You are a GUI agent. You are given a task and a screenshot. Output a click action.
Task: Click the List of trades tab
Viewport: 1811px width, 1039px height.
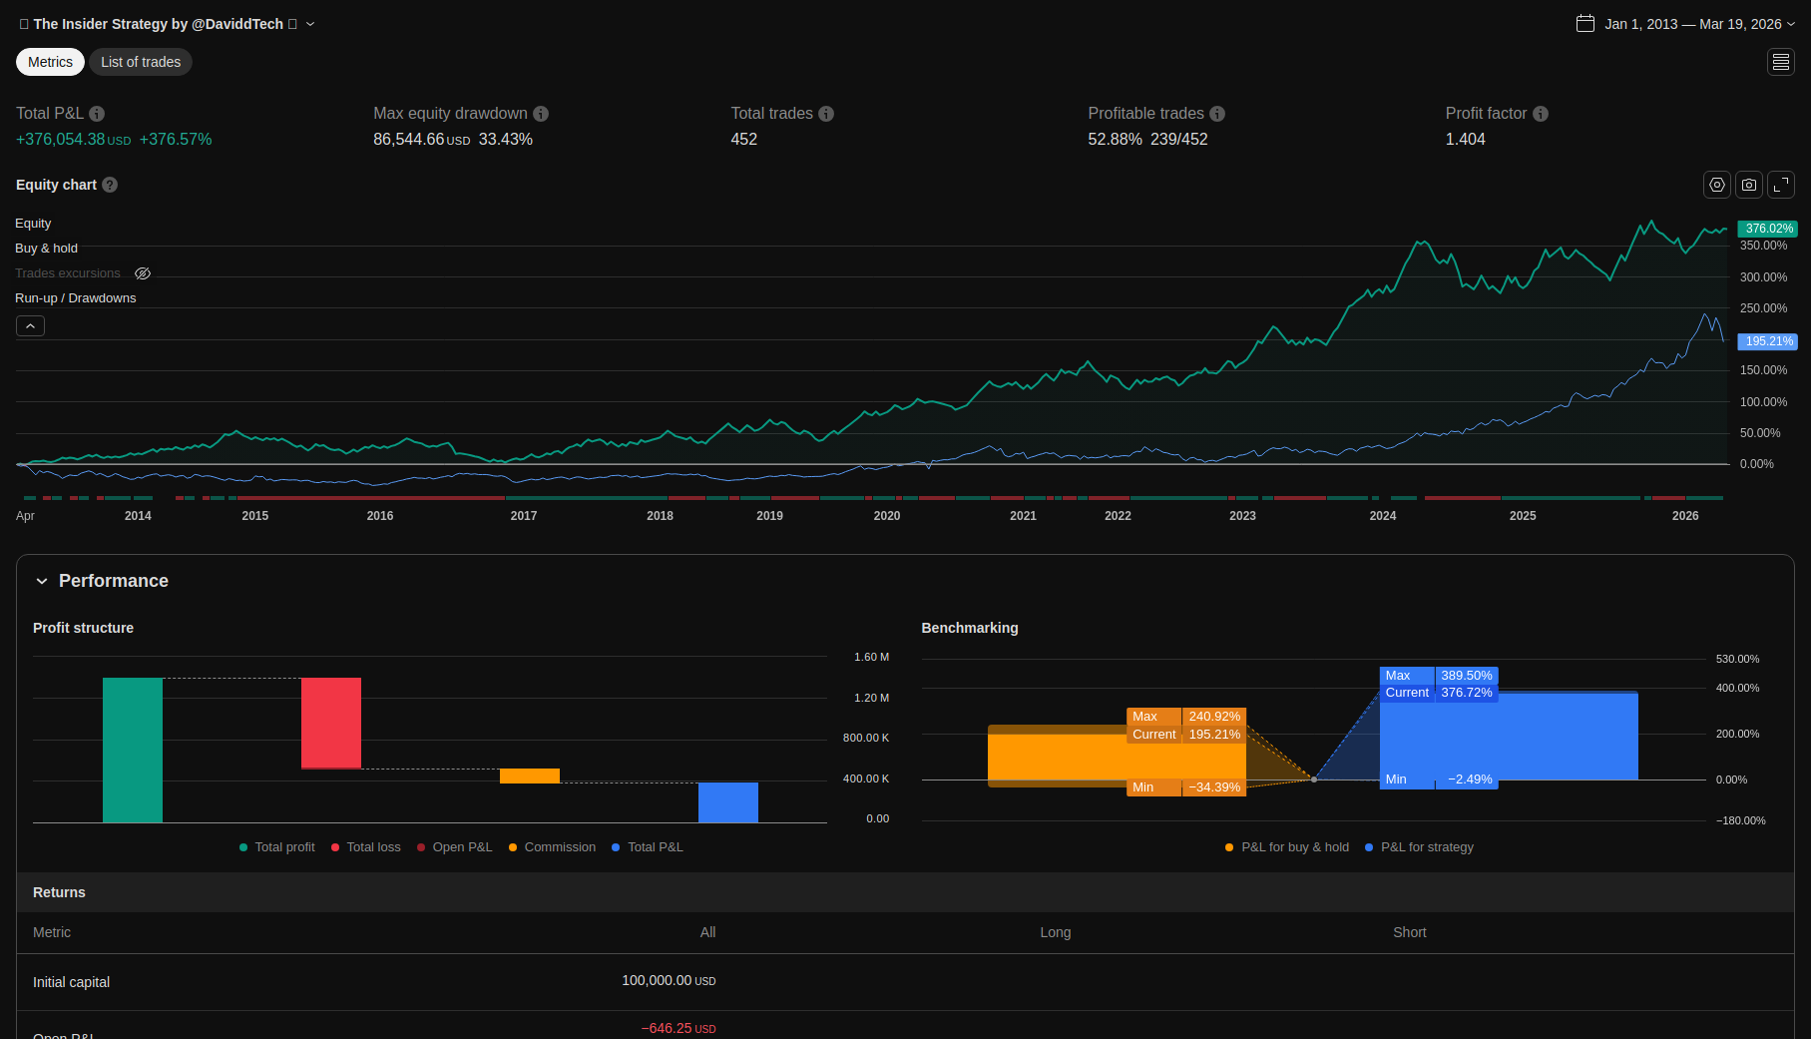point(141,62)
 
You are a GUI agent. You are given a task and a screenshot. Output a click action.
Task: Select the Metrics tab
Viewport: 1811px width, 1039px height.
point(50,62)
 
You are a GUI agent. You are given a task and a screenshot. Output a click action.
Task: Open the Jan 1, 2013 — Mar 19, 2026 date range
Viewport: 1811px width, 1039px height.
point(1685,24)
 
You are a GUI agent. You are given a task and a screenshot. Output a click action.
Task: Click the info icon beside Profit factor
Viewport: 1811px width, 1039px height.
point(1541,114)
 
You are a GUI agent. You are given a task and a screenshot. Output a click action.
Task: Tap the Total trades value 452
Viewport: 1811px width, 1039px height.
point(743,140)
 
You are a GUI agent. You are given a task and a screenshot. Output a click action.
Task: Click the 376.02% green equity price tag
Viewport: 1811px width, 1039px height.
point(1767,229)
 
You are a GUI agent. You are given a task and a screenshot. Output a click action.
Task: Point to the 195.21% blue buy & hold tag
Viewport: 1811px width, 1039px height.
point(1767,341)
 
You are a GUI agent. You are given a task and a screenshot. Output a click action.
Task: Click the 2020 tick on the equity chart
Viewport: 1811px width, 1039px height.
point(886,516)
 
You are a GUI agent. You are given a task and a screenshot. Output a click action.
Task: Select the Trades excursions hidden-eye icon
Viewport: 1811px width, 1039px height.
point(143,273)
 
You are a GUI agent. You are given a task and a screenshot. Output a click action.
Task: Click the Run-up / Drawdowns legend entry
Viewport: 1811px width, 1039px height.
point(76,298)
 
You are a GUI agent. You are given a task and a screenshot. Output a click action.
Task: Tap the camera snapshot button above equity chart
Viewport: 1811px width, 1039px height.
point(1749,185)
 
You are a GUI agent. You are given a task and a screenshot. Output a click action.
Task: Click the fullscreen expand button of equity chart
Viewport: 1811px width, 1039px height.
point(1781,185)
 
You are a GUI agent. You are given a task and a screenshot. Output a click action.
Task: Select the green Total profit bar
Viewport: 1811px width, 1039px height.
point(133,750)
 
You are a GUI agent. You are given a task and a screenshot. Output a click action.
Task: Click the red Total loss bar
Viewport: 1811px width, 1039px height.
point(331,723)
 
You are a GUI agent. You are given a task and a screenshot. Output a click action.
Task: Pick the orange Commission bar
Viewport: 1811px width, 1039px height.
point(530,776)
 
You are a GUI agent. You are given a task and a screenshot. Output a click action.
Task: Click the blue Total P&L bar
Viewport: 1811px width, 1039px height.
point(728,802)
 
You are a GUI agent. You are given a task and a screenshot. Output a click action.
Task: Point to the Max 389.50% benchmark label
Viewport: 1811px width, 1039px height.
point(1438,676)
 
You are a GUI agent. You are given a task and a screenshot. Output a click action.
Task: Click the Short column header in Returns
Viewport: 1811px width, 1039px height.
point(1409,932)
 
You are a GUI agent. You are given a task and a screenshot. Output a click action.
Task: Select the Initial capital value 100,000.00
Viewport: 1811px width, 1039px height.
point(657,981)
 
